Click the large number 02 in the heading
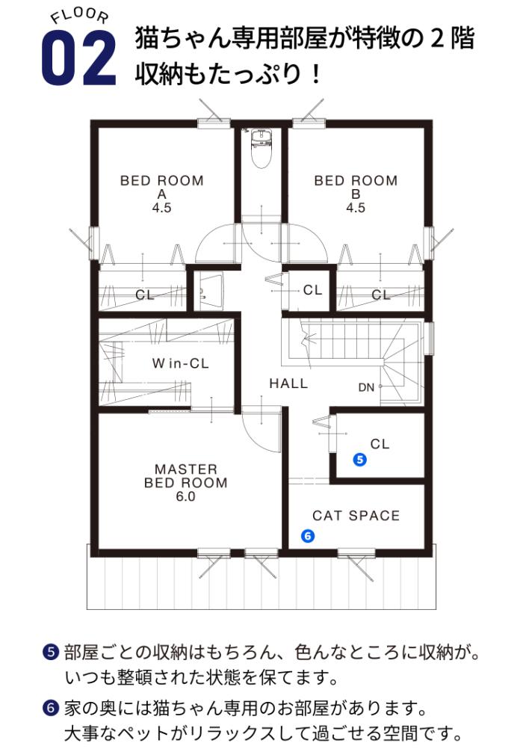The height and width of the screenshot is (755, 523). click(x=79, y=58)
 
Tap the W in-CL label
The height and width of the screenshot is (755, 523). click(x=180, y=363)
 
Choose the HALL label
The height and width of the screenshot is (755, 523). click(x=288, y=383)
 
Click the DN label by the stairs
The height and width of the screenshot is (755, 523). click(x=366, y=388)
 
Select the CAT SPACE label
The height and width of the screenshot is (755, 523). click(x=356, y=516)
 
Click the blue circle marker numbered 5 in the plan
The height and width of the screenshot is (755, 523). click(x=359, y=460)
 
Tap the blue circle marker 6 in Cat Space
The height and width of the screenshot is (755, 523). click(x=307, y=536)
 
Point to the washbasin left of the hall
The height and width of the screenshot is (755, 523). click(x=210, y=292)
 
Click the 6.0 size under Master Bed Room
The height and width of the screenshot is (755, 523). click(x=186, y=496)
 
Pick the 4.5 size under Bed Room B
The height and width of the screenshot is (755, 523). click(x=356, y=208)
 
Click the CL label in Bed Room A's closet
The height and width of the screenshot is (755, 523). click(x=144, y=295)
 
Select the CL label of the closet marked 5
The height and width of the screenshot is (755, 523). click(x=380, y=444)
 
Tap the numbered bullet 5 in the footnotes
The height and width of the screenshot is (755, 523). click(x=51, y=653)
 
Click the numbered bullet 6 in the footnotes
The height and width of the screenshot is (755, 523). click(x=51, y=709)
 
